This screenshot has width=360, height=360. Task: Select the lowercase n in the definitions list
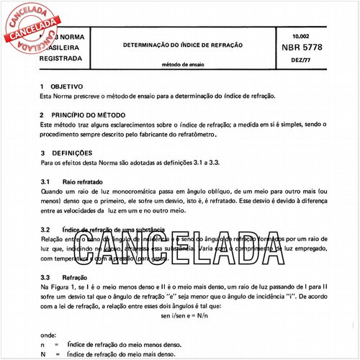tap(44, 344)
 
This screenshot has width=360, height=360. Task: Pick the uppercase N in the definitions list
tap(45, 354)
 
